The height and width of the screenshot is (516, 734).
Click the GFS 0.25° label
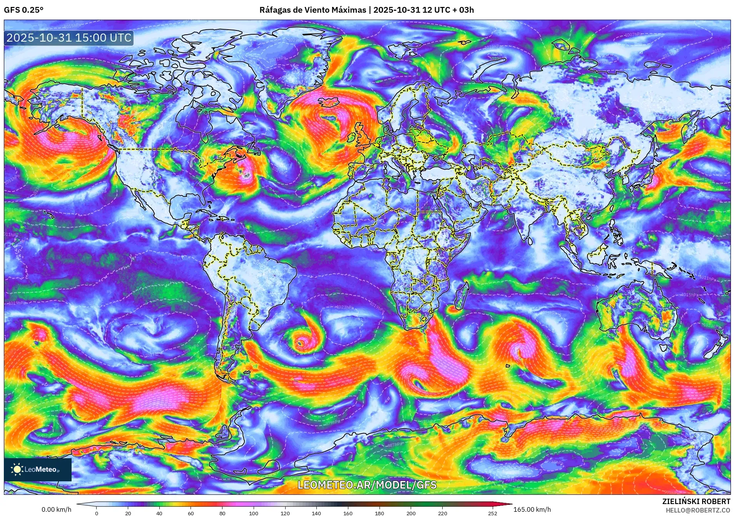click(23, 10)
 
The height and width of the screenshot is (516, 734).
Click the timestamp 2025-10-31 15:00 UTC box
click(69, 38)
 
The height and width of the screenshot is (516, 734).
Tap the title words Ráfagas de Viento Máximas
click(313, 10)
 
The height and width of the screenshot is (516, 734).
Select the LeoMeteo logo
click(37, 469)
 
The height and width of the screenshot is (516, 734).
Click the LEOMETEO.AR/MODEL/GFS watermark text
click(367, 485)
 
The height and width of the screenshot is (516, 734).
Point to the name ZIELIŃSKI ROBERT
click(696, 501)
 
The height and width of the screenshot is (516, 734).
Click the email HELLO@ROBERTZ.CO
click(698, 510)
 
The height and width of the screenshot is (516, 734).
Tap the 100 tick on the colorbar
click(253, 513)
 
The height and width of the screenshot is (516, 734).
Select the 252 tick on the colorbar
click(493, 513)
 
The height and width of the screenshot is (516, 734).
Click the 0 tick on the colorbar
click(96, 513)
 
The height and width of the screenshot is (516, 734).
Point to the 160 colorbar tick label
click(348, 513)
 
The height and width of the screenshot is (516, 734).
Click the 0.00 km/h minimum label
click(56, 509)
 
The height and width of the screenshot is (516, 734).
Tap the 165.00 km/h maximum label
click(532, 509)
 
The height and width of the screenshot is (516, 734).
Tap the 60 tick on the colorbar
click(191, 513)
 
